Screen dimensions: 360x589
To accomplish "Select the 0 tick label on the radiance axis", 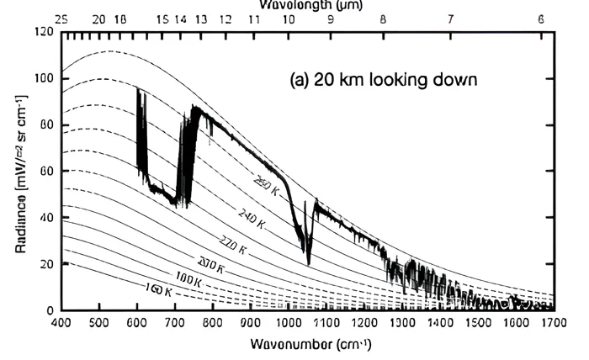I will (x=50, y=311).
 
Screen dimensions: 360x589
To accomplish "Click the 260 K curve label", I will (x=266, y=186).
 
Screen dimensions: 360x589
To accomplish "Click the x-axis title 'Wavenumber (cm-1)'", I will (x=310, y=345).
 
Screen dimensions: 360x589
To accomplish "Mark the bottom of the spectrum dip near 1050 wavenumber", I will (x=308, y=262).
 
